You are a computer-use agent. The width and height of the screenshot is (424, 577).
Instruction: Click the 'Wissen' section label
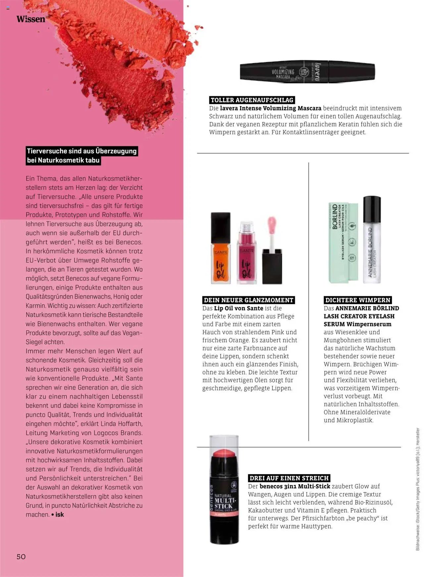[31, 19]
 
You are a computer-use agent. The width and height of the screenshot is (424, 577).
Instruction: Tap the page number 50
[21, 556]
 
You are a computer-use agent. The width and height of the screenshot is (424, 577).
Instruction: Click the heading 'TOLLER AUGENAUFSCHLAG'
[252, 100]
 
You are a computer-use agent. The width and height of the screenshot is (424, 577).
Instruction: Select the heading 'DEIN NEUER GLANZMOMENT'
[248, 300]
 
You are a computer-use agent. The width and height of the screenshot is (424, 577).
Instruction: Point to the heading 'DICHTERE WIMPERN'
[358, 300]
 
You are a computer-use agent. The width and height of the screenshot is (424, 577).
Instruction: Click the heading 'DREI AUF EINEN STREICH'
[289, 478]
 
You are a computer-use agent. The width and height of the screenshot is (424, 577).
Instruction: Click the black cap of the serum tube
[372, 209]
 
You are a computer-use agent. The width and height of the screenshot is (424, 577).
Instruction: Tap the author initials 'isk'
[60, 515]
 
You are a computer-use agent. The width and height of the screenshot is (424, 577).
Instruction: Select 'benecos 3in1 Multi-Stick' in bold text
[295, 486]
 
